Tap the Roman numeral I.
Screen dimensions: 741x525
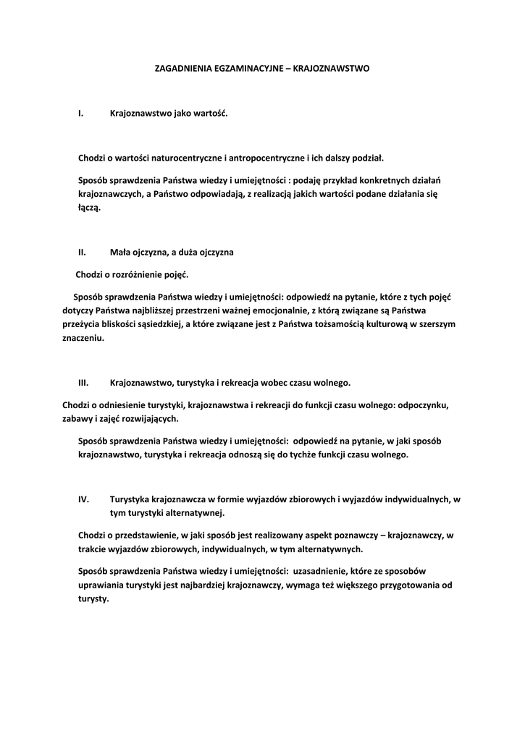(x=80, y=114)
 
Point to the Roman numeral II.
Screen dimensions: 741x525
(x=82, y=253)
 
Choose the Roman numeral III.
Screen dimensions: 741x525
(x=83, y=381)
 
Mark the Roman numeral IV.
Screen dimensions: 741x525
(x=83, y=499)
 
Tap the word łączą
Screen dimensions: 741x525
(x=90, y=208)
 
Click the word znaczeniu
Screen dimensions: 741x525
(x=83, y=338)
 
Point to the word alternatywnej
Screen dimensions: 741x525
(x=196, y=513)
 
